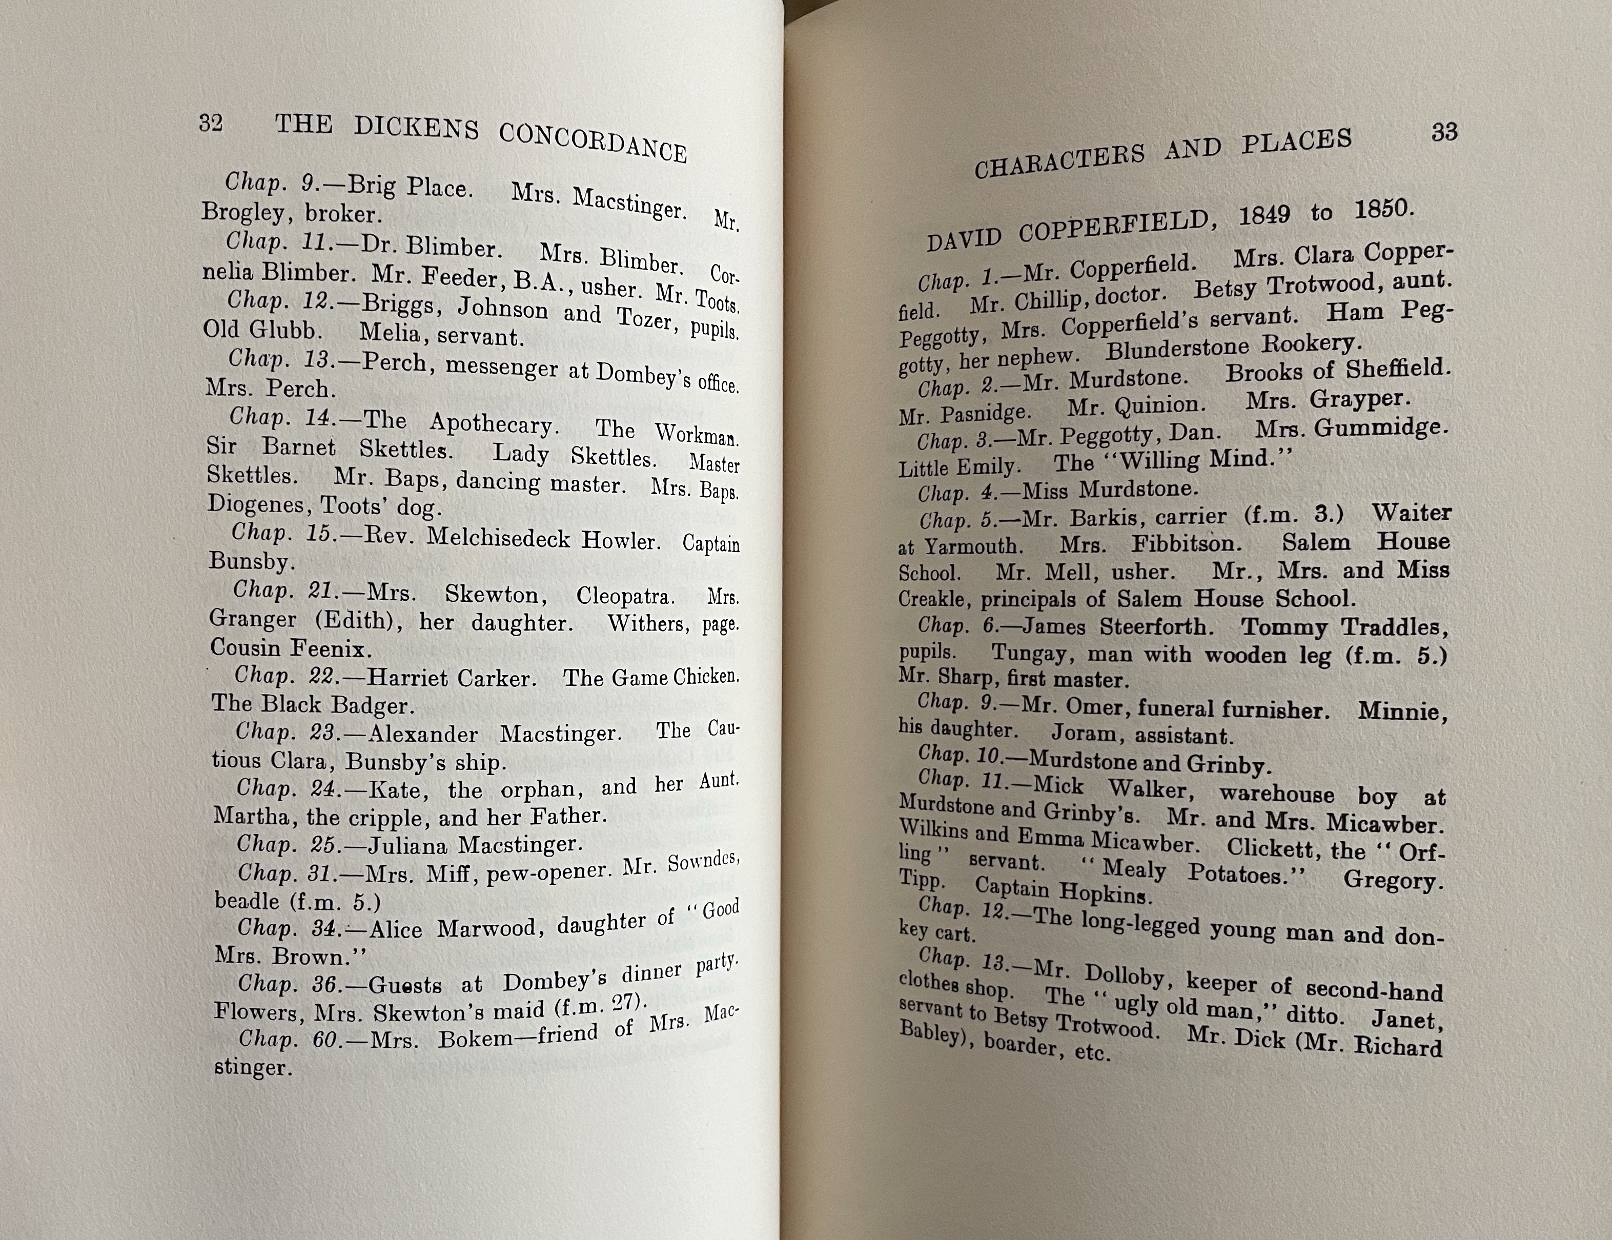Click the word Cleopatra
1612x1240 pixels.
point(624,595)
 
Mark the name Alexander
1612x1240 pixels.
point(423,734)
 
